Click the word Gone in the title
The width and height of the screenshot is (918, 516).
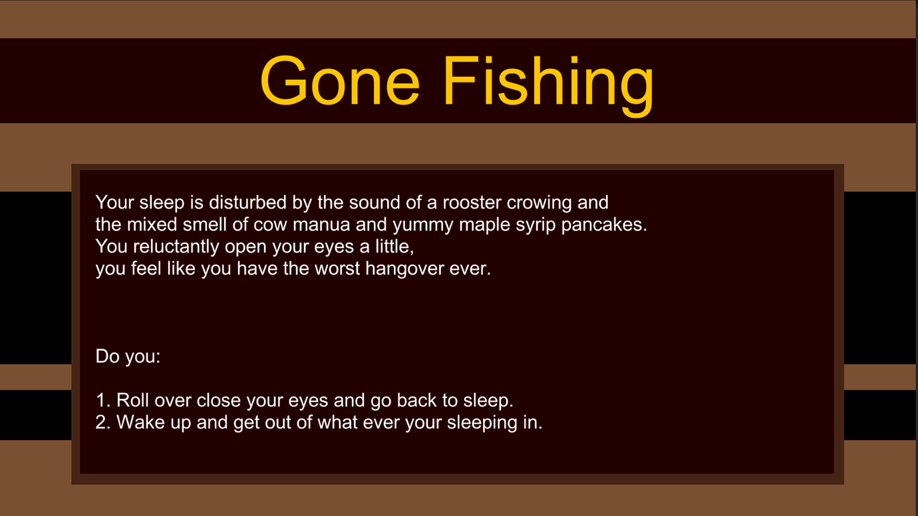340,81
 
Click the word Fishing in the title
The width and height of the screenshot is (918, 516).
548,86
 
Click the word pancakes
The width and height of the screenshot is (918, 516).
604,225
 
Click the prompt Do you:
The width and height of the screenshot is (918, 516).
128,356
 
